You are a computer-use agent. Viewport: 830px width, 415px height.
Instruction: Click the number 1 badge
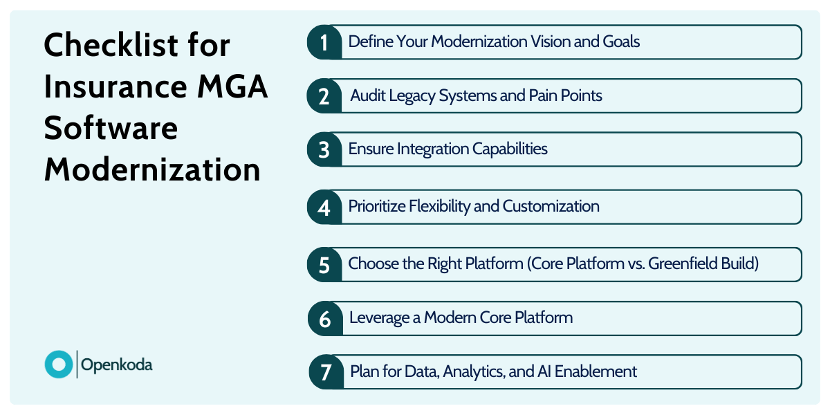[324, 42]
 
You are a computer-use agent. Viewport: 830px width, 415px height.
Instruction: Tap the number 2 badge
[324, 96]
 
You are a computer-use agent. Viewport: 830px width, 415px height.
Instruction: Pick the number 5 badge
[324, 265]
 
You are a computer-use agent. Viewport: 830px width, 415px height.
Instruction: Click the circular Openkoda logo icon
[58, 365]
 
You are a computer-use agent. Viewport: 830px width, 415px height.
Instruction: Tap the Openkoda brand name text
[117, 365]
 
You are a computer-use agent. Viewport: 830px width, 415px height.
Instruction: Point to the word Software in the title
[111, 129]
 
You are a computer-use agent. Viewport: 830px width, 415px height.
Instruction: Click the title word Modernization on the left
[152, 170]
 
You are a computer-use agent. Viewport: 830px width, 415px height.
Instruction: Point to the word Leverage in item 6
[383, 318]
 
